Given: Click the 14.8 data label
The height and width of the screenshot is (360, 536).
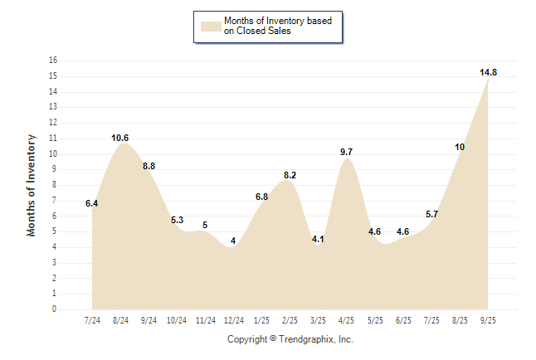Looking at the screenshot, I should pyautogui.click(x=489, y=73).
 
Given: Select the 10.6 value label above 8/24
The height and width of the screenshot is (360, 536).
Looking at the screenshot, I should pyautogui.click(x=120, y=138).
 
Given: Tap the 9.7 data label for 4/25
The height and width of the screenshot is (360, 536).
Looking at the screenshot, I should pyautogui.click(x=347, y=152).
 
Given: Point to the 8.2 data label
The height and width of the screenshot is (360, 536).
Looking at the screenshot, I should pyautogui.click(x=290, y=175).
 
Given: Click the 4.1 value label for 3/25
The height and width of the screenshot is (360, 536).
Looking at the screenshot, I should pyautogui.click(x=319, y=239).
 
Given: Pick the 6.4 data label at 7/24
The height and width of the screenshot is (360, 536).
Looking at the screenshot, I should pyautogui.click(x=92, y=203).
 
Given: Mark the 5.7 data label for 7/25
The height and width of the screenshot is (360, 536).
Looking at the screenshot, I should pyautogui.click(x=431, y=214).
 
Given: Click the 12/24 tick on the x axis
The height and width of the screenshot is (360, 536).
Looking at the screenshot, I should pyautogui.click(x=234, y=321).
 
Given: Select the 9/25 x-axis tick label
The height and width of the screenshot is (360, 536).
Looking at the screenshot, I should pyautogui.click(x=488, y=321).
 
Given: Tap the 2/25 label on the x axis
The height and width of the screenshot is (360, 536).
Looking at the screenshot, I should pyautogui.click(x=290, y=321).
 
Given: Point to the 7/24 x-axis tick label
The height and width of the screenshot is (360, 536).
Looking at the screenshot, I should pyautogui.click(x=93, y=321).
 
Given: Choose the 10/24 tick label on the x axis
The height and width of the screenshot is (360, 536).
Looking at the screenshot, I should pyautogui.click(x=178, y=321).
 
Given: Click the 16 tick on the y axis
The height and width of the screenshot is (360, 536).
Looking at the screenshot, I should pyautogui.click(x=53, y=61).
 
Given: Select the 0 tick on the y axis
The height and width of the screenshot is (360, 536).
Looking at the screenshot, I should pyautogui.click(x=55, y=309).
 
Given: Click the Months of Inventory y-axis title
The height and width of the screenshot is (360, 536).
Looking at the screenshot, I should pyautogui.click(x=32, y=185).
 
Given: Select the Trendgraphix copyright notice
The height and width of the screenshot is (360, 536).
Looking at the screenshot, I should pyautogui.click(x=290, y=339).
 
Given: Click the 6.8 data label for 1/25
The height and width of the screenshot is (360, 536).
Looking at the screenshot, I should pyautogui.click(x=261, y=197).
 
